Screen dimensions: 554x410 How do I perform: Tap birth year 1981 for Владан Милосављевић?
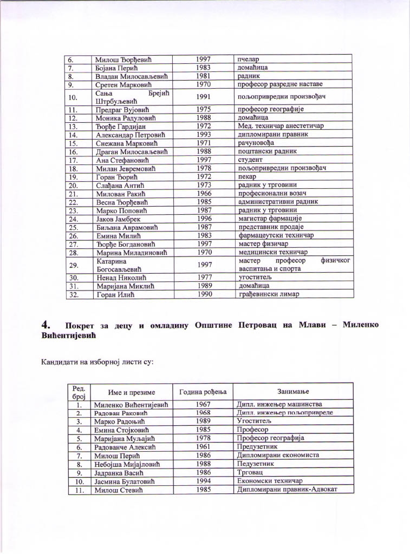[204, 76]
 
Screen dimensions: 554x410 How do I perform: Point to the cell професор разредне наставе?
[280, 85]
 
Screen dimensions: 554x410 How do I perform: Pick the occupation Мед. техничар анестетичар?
[281, 126]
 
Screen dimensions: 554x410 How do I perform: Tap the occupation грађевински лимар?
[269, 294]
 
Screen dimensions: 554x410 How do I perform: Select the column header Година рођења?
[201, 391]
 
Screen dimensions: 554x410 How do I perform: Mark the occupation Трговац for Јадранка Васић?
[249, 473]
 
